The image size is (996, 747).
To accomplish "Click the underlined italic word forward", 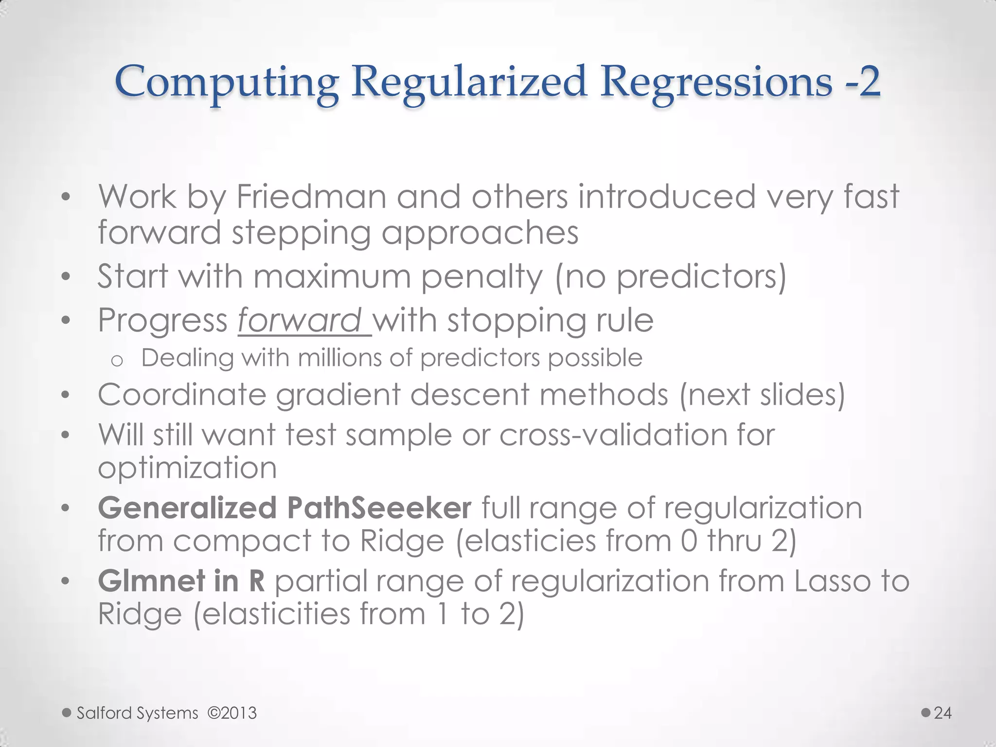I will point(300,320).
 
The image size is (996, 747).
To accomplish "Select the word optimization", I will point(187,468).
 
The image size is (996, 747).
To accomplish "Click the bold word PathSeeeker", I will point(379,508).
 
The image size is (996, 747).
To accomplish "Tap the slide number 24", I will point(943,713).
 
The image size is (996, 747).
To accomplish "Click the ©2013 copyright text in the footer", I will point(232,713).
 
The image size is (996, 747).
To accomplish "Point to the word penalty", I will point(481,277).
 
